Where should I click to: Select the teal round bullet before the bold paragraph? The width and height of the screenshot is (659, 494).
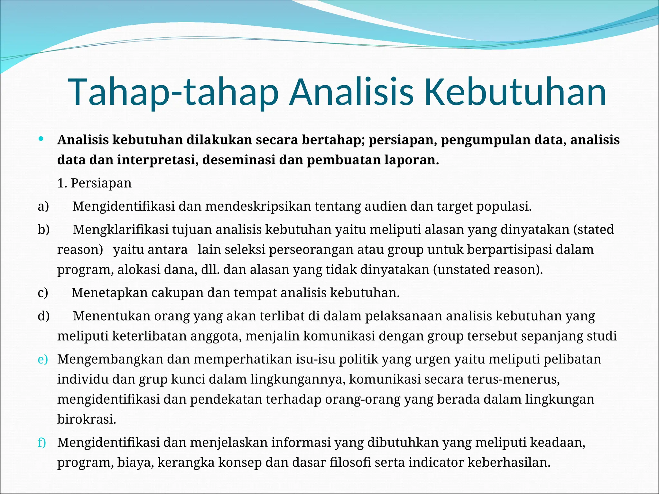coord(41,139)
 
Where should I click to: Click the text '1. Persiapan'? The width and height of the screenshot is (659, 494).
coord(94,183)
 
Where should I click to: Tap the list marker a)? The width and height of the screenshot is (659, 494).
coord(43,206)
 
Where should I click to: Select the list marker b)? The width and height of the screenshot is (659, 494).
coord(43,230)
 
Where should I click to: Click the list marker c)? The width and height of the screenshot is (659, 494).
coord(43,293)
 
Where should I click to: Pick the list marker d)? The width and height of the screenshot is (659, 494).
coord(43,316)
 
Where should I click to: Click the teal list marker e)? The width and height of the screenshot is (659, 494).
coord(42,359)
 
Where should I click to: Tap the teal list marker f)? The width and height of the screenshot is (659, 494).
coord(42,443)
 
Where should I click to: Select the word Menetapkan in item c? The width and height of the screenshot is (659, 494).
coord(109,293)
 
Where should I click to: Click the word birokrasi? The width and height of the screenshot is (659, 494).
coord(86,419)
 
